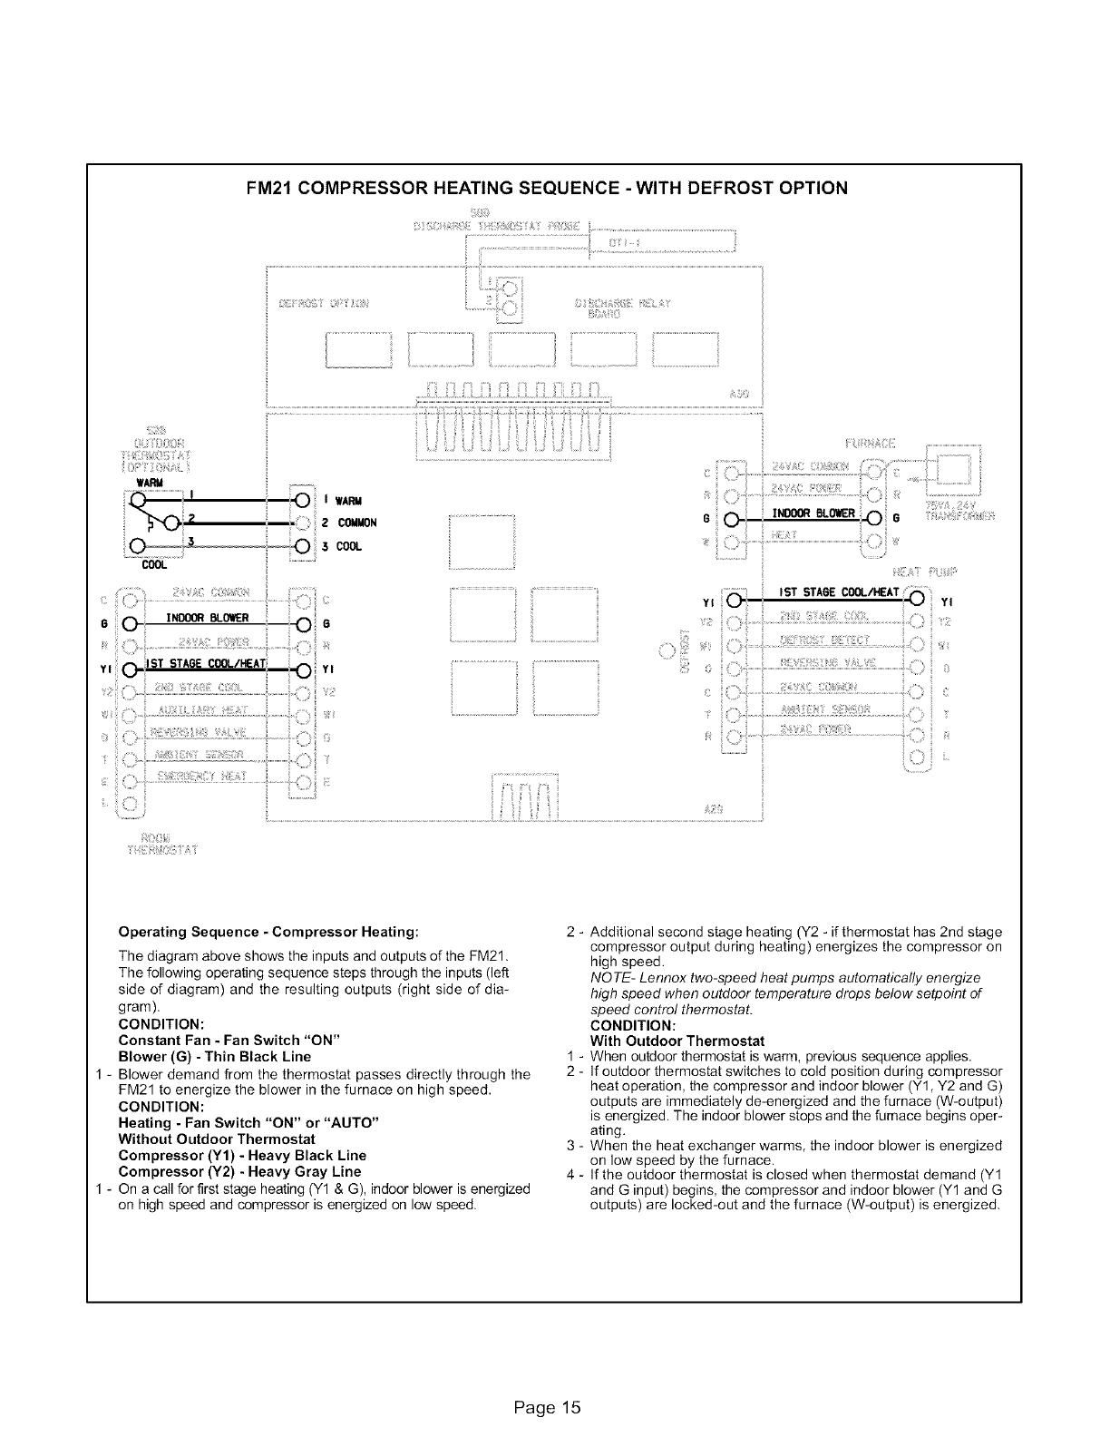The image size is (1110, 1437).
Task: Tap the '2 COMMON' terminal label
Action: coord(349,523)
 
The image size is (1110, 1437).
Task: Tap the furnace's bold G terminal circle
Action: coord(875,519)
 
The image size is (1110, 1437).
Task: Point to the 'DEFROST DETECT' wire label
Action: coord(823,640)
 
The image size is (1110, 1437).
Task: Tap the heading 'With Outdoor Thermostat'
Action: coord(677,1041)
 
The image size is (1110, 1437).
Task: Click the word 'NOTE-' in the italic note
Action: coord(609,977)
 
